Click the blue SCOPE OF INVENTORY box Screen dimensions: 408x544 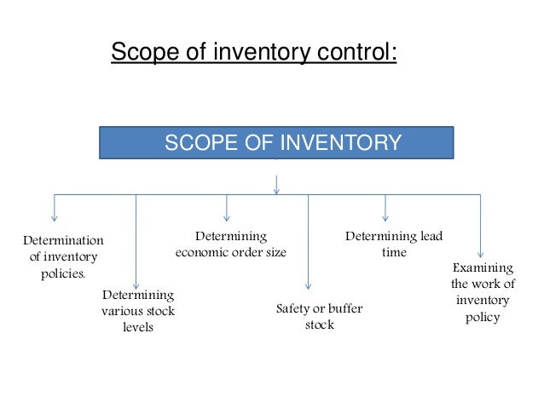(276, 143)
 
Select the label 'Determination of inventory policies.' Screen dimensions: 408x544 (63, 256)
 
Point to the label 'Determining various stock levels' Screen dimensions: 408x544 (138, 311)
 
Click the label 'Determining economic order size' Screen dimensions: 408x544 (231, 244)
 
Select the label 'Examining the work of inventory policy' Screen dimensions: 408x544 (483, 292)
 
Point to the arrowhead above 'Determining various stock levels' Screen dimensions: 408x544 (136, 285)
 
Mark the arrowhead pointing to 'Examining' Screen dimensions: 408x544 (480, 252)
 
